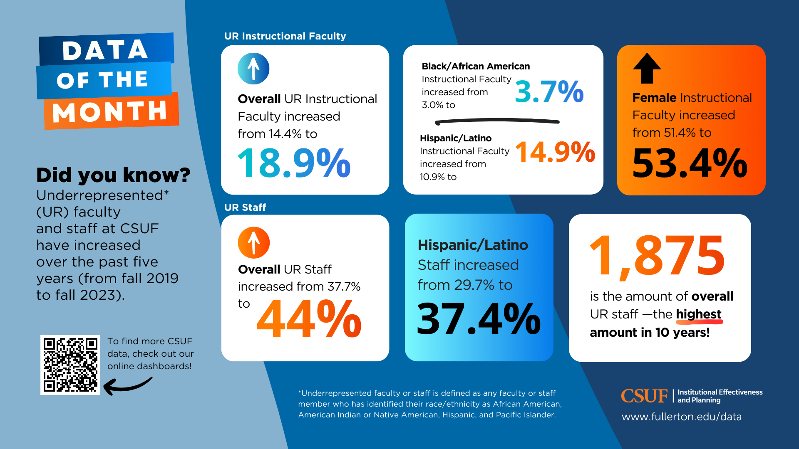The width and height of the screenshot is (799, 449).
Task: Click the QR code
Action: click(x=70, y=365)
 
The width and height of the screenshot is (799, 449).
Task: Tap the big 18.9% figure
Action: click(x=294, y=163)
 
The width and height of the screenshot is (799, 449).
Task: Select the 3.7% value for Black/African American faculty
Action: click(x=549, y=92)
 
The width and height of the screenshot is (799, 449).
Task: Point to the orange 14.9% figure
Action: click(x=555, y=152)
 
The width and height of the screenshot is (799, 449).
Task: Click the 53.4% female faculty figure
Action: click(x=690, y=163)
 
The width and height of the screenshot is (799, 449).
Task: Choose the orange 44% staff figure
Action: click(x=309, y=319)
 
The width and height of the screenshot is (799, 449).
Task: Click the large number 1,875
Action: click(x=658, y=256)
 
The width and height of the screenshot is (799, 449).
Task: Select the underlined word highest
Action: click(x=699, y=314)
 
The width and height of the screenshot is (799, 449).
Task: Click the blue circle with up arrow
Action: click(x=253, y=69)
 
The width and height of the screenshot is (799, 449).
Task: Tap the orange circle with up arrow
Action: click(x=253, y=242)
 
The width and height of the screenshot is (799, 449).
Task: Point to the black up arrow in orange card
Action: click(x=647, y=69)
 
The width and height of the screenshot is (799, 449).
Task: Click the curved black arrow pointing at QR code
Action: click(x=127, y=386)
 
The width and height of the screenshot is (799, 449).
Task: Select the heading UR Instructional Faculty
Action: click(x=285, y=36)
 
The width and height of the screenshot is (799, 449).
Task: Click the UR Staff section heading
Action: click(x=245, y=207)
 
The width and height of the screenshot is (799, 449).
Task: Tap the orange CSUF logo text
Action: click(x=644, y=396)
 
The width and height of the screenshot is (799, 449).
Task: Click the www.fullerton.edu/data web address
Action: click(x=681, y=417)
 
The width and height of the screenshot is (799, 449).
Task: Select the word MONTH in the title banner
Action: click(x=110, y=112)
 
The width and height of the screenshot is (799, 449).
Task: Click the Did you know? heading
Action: click(x=113, y=175)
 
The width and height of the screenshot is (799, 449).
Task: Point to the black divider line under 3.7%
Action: click(x=497, y=121)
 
